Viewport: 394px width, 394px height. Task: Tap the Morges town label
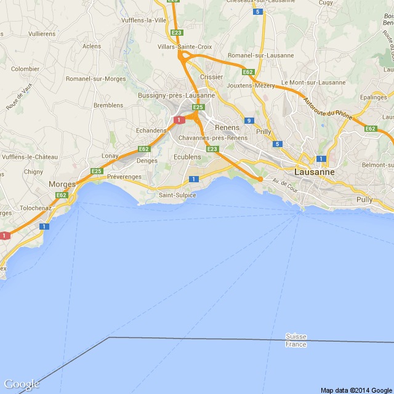[x=62, y=184]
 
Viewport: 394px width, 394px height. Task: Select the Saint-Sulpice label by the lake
[x=177, y=195]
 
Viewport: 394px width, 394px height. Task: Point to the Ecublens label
[x=187, y=158]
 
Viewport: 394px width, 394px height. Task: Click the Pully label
[x=364, y=200]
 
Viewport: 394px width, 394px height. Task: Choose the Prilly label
[x=263, y=132]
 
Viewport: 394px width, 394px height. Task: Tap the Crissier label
[x=212, y=77]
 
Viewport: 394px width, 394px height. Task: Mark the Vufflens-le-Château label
[x=29, y=157]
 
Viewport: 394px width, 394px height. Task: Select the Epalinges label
[x=373, y=97]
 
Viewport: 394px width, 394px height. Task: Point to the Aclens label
[x=91, y=46]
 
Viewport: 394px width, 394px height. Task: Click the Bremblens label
[x=108, y=105]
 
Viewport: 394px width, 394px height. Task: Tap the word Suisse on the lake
[x=296, y=336]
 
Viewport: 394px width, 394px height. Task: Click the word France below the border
[x=296, y=344]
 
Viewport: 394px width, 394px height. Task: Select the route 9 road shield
[x=249, y=121]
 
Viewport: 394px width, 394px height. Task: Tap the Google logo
[x=21, y=384]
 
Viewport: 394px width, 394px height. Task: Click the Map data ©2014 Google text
[x=356, y=390]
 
